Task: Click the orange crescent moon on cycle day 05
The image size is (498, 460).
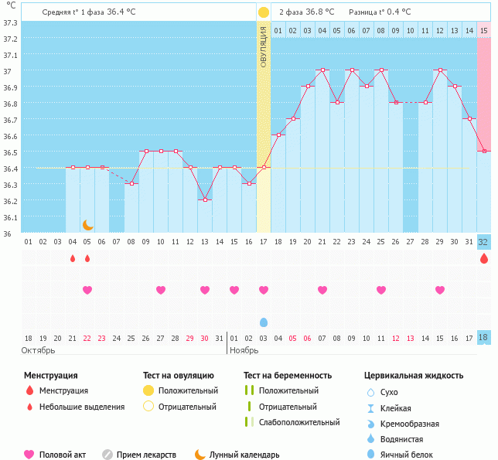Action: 88,225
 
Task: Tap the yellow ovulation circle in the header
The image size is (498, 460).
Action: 263,12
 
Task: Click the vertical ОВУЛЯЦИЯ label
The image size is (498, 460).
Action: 264,46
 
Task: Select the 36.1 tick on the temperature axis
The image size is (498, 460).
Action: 9,217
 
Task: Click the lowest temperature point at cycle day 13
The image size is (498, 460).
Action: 205,199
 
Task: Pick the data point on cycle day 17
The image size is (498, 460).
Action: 264,167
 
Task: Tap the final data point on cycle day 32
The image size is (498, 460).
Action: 484,151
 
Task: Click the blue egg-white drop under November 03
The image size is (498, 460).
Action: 264,322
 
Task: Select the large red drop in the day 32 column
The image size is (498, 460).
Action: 484,259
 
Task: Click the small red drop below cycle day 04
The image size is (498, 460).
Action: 73,258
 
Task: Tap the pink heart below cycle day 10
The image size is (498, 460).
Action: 161,290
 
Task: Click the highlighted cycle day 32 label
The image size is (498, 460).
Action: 483,242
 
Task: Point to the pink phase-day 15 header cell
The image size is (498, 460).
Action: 484,30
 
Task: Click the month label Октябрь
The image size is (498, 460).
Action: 38,350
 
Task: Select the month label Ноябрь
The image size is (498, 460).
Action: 246,350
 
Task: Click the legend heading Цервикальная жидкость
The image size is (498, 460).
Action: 414,376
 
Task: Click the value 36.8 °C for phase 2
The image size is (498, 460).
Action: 319,12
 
